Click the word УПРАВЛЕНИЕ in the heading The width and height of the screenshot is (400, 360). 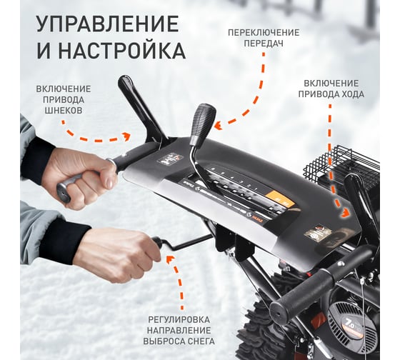click(107, 24)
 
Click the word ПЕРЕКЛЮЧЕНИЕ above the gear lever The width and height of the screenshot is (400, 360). click(264, 33)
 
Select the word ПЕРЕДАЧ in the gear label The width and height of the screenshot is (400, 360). click(264, 44)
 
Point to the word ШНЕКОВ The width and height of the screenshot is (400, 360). click(64, 110)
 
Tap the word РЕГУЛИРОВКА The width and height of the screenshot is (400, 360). click(179, 319)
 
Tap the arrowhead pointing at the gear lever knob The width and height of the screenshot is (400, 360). click(217, 125)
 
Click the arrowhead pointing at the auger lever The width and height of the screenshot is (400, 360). click(127, 136)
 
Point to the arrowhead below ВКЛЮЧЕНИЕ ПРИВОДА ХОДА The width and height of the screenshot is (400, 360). click(345, 213)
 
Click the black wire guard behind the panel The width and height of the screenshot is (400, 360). click(342, 164)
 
